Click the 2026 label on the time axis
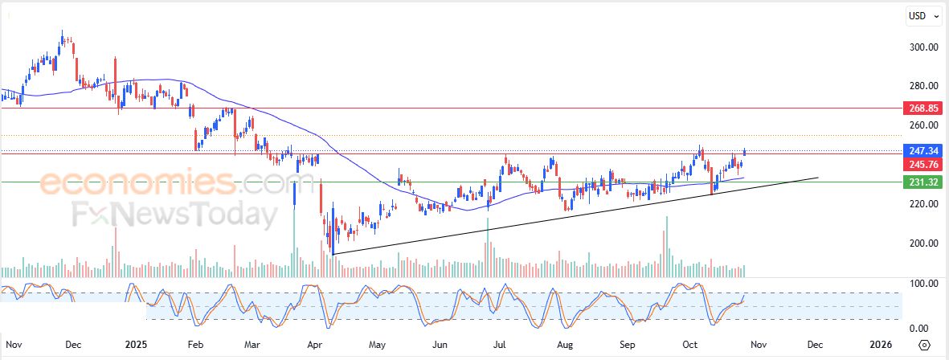tap(880, 344)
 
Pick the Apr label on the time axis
tap(314, 344)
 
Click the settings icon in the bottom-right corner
tap(924, 345)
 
